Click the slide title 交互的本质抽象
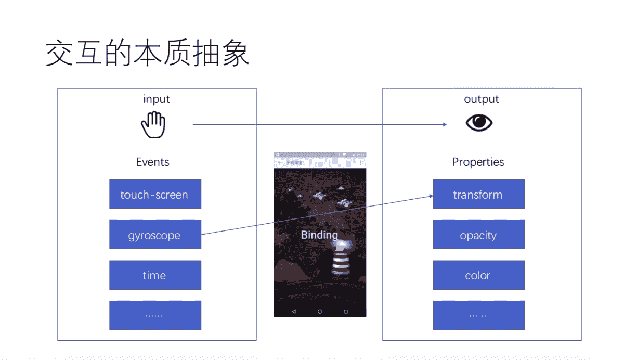pos(148,54)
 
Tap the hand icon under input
pos(153,125)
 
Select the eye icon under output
pos(478,123)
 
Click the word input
pos(157,99)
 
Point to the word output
pos(482,99)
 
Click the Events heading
pos(153,162)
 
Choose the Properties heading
pos(478,162)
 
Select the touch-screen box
pos(155,195)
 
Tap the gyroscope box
pos(155,235)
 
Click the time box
pos(155,275)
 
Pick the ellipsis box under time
pos(155,315)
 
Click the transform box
pos(478,195)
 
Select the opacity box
pos(478,235)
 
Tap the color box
pos(478,275)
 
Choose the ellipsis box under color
pos(478,315)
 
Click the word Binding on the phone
pos(319,235)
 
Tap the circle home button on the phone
pos(320,311)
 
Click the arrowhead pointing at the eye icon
pos(445,124)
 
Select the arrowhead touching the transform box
pos(431,196)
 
